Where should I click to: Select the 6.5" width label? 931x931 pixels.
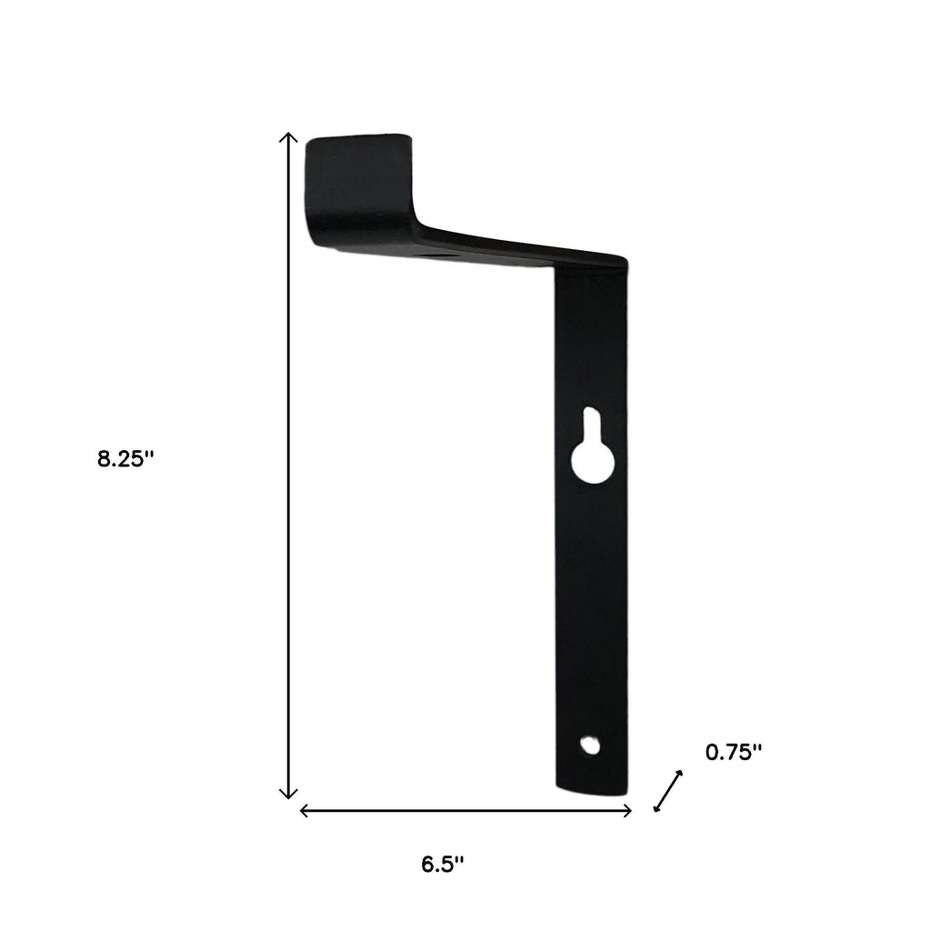point(443,864)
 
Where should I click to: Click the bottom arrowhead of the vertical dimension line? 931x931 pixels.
point(288,794)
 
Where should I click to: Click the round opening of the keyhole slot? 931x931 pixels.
point(590,464)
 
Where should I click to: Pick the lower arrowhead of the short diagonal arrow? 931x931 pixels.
point(656,808)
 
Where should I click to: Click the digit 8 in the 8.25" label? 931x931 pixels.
point(104,459)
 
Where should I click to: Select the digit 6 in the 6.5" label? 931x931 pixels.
point(427,864)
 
